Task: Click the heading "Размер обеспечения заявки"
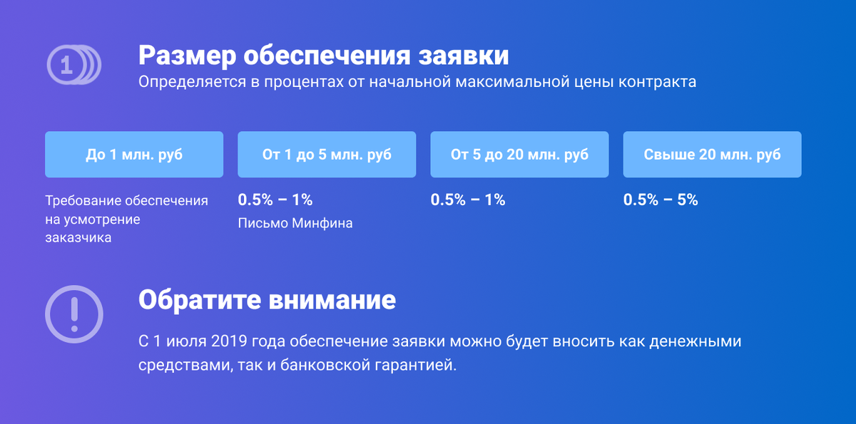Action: (x=323, y=55)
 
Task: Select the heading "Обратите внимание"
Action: (x=267, y=299)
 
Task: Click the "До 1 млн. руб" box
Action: (x=134, y=154)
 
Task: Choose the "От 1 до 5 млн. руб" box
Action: (x=327, y=154)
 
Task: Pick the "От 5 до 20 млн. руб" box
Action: (x=519, y=154)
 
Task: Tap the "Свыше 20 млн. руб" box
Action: (x=712, y=154)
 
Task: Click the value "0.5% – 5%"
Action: (x=661, y=200)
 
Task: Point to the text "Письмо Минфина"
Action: (x=295, y=224)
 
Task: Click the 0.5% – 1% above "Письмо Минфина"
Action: (x=275, y=200)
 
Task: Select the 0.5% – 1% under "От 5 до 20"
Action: (x=468, y=200)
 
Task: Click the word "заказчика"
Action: (x=78, y=238)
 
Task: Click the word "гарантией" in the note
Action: (x=420, y=366)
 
